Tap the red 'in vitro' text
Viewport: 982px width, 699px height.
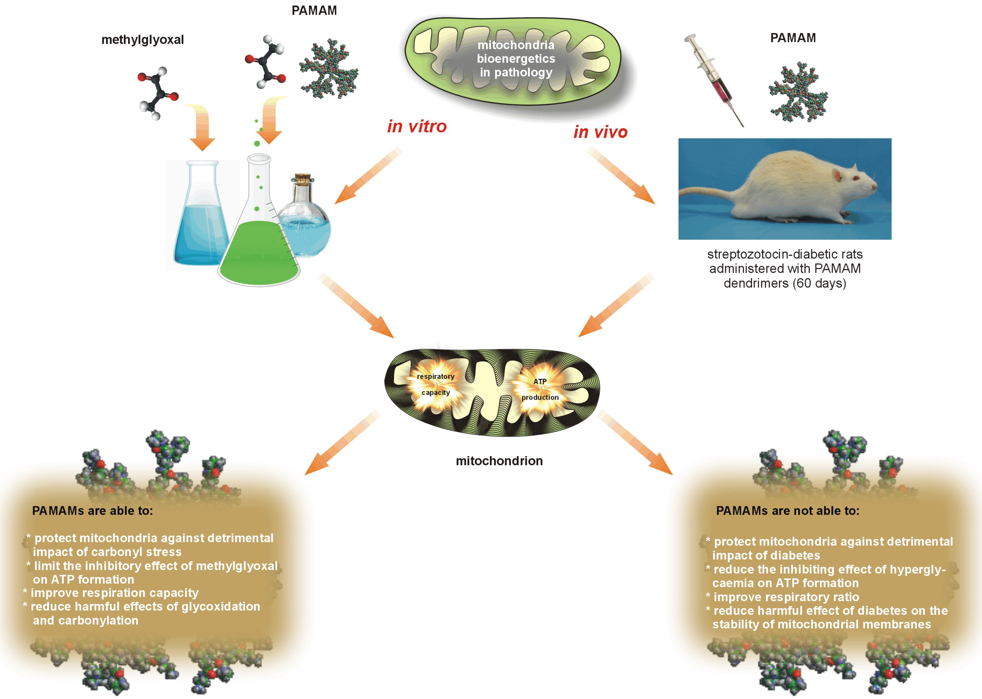(x=417, y=126)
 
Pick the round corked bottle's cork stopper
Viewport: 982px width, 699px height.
(x=303, y=177)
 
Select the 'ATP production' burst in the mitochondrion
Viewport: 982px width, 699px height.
(x=540, y=389)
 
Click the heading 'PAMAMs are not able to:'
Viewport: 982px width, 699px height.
(x=787, y=511)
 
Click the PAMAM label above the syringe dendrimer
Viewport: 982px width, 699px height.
(x=793, y=38)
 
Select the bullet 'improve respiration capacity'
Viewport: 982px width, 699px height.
(x=114, y=593)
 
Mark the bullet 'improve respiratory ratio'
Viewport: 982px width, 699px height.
(x=786, y=597)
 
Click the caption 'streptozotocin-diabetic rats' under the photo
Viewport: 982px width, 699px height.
(x=784, y=254)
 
